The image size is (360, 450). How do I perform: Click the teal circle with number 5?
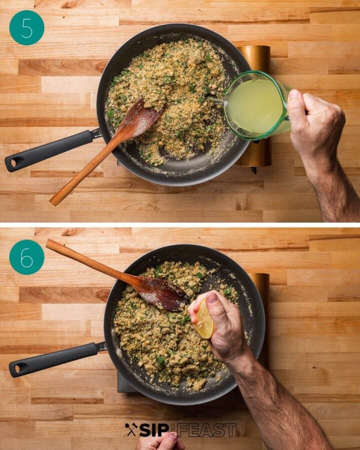pos(26,28)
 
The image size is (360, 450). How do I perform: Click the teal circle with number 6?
pos(26,257)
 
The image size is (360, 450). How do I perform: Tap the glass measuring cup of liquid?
pos(257,105)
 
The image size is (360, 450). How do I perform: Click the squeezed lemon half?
pos(203,319)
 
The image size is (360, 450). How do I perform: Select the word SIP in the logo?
pos(154,430)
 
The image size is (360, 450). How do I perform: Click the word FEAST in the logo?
pos(206,430)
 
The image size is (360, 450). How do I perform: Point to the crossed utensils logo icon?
pos(131,430)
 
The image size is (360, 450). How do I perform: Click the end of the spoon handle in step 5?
pos(52,202)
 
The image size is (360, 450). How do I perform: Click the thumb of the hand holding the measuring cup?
pos(295,106)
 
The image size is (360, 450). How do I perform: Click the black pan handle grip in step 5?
pos(49,150)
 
